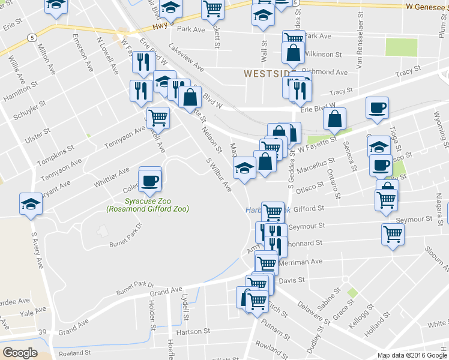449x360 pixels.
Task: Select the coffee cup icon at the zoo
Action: [149, 179]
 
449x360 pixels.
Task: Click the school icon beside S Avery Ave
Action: [30, 203]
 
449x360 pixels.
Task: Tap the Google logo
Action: [20, 353]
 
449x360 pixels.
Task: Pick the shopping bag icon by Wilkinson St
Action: [293, 55]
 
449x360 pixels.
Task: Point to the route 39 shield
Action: [42, 332]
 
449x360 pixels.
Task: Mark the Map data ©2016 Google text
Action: [412, 355]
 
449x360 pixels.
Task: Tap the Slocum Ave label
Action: [436, 257]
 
